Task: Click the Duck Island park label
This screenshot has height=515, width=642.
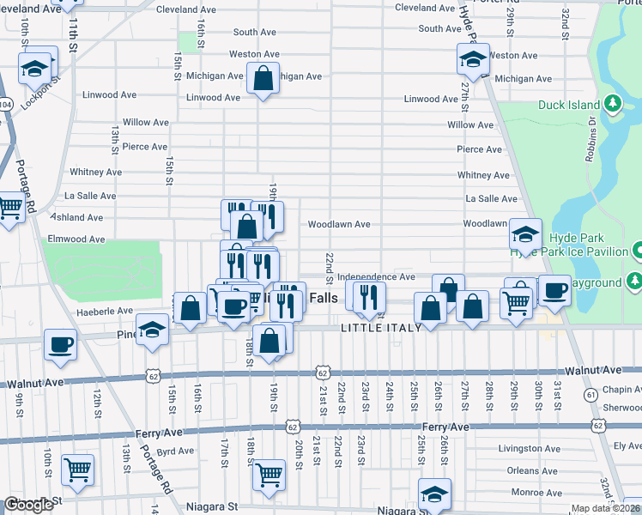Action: point(568,106)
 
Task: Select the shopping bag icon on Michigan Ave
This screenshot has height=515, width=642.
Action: point(263,80)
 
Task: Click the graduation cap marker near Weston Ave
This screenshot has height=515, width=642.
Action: point(473,59)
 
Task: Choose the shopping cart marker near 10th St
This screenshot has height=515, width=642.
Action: point(77,470)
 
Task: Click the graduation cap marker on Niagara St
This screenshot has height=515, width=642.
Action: point(434,494)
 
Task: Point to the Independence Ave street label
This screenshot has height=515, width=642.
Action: point(376,277)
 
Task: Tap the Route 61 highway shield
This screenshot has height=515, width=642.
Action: point(592,394)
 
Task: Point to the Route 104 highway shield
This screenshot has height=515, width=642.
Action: point(6,104)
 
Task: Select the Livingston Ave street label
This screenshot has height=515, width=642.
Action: point(530,448)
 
